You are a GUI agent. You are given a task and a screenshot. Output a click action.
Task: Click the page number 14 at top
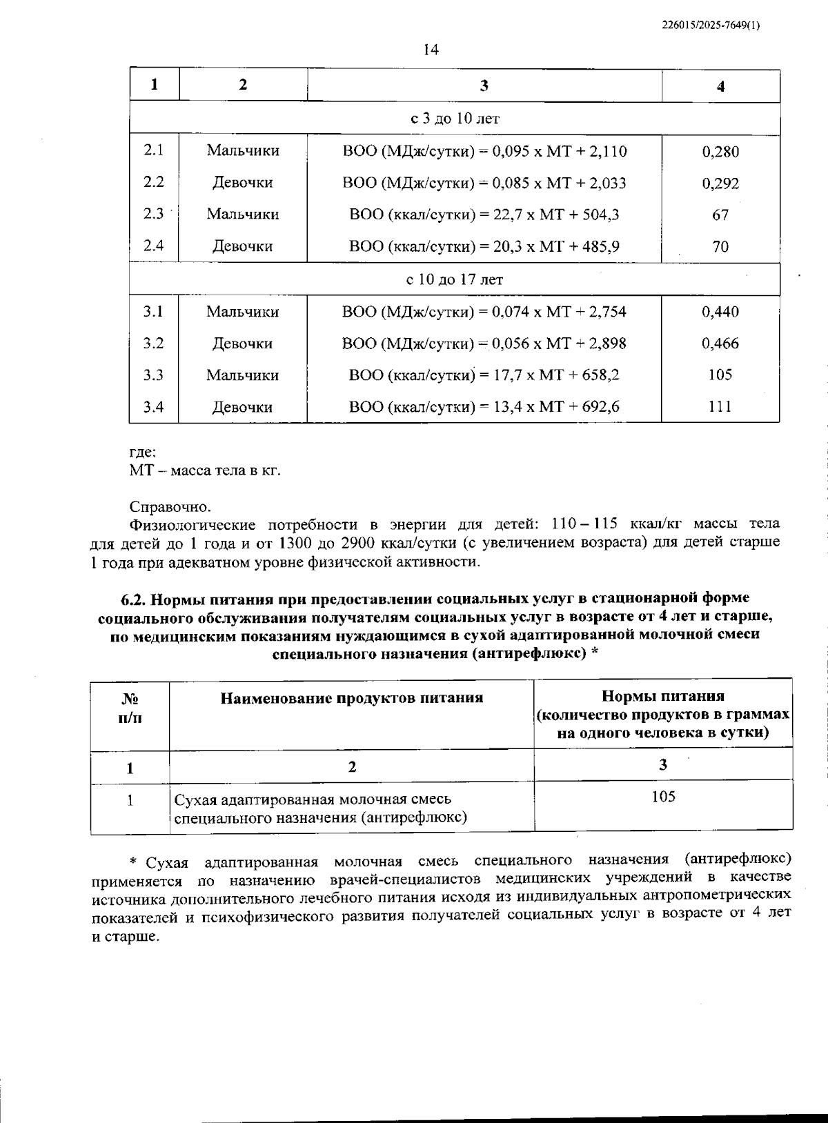pyautogui.click(x=431, y=50)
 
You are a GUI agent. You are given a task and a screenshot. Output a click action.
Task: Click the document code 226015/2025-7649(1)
pyautogui.click(x=711, y=26)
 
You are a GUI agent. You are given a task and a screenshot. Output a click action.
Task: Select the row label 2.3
pyautogui.click(x=153, y=214)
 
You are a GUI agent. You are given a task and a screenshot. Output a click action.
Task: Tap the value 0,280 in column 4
pyautogui.click(x=720, y=152)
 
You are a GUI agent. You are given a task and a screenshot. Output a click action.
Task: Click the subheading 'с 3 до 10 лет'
pyautogui.click(x=455, y=119)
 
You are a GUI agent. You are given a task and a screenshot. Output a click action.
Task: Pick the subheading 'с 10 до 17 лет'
pyautogui.click(x=455, y=279)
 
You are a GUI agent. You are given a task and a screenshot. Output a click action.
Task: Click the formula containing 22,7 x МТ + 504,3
pyautogui.click(x=484, y=215)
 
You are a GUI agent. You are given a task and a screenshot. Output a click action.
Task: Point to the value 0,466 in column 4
pyautogui.click(x=720, y=344)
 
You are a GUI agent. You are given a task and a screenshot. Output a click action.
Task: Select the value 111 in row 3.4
pyautogui.click(x=720, y=407)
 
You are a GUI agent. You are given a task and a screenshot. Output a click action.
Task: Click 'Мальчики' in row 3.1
pyautogui.click(x=242, y=312)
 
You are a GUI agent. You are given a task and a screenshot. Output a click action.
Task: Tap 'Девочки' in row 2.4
pyautogui.click(x=242, y=246)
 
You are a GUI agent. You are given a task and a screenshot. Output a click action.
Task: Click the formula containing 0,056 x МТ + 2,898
pyautogui.click(x=484, y=344)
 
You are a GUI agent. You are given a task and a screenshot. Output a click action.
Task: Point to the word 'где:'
pyautogui.click(x=143, y=453)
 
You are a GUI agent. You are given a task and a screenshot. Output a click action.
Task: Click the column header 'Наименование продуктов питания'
pyautogui.click(x=351, y=698)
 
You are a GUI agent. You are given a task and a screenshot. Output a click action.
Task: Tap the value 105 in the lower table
pyautogui.click(x=663, y=797)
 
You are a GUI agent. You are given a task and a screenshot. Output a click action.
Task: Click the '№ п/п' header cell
pyautogui.click(x=130, y=707)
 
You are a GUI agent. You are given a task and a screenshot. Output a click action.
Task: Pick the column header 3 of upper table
pyautogui.click(x=484, y=86)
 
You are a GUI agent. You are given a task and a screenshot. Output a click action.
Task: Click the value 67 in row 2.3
pyautogui.click(x=720, y=215)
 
